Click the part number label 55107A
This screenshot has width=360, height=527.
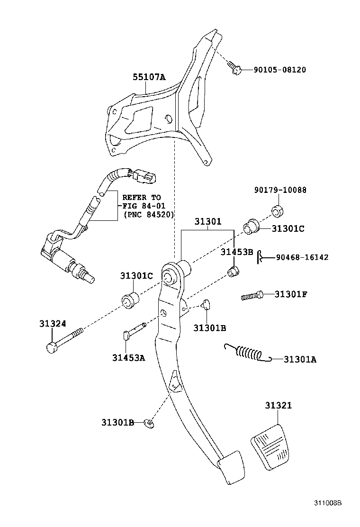click(148, 77)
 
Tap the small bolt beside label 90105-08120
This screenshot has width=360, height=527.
click(235, 68)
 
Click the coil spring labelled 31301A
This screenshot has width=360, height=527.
click(248, 353)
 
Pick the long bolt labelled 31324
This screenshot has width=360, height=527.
click(63, 340)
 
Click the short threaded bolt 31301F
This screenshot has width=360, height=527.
click(253, 296)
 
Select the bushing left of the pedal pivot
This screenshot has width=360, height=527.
click(130, 300)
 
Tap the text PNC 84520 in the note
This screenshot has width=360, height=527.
click(149, 214)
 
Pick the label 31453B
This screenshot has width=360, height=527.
click(237, 252)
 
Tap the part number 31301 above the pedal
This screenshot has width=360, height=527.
click(207, 221)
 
